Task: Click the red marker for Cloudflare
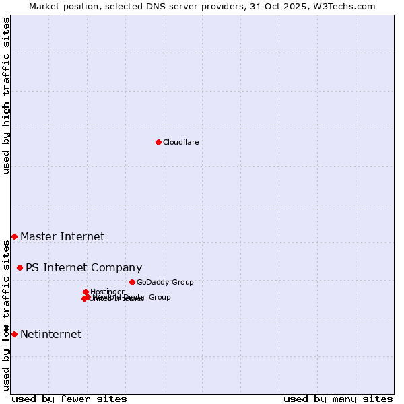point(158,142)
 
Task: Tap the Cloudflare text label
point(180,142)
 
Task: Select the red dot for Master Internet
point(14,236)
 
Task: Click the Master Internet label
point(62,236)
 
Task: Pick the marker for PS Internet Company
point(20,267)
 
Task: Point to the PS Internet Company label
point(83,267)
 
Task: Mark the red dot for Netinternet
point(14,334)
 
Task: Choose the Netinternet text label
point(50,334)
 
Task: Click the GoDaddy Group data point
point(132,282)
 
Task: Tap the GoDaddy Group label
point(165,282)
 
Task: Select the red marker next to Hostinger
point(86,292)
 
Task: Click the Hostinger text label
point(107,292)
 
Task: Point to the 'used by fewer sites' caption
point(69,399)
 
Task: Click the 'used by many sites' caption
point(338,399)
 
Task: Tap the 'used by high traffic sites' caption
point(6,96)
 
